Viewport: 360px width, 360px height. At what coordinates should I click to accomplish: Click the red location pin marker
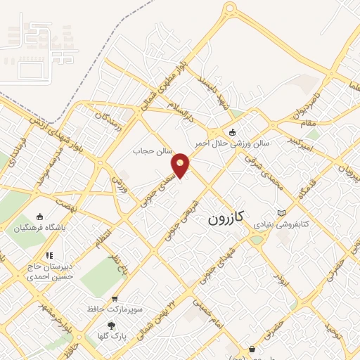tap(181, 165)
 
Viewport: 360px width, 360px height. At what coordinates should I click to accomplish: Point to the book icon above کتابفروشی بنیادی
tap(282, 212)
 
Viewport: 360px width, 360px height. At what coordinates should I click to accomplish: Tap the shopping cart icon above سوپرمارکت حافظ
tap(115, 298)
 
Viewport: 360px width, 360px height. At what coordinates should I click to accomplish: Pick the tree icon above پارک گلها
tap(111, 325)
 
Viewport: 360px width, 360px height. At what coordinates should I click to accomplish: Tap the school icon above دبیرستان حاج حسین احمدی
tap(49, 255)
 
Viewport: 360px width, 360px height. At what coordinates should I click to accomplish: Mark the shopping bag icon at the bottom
tap(252, 349)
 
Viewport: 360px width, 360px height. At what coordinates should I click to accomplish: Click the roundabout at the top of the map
tap(229, 9)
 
